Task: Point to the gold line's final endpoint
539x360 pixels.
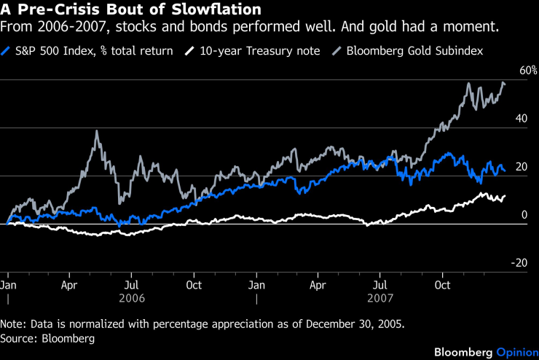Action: [505, 83]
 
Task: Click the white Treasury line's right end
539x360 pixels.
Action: [505, 195]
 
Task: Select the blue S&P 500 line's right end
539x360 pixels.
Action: [505, 171]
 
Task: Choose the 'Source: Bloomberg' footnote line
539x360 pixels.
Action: [48, 338]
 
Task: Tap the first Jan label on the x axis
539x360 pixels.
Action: [9, 284]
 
